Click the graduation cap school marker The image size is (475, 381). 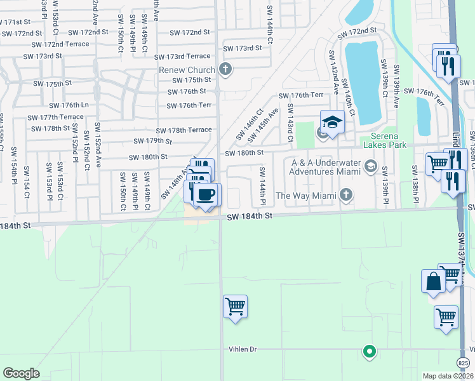[331, 121]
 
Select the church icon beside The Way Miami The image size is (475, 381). [345, 194]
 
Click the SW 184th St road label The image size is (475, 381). [250, 217]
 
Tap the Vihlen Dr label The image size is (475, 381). [243, 349]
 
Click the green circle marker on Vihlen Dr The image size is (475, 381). [369, 350]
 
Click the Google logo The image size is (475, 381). [21, 373]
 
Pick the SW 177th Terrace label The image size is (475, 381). [55, 117]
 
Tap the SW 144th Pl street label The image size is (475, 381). [261, 186]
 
